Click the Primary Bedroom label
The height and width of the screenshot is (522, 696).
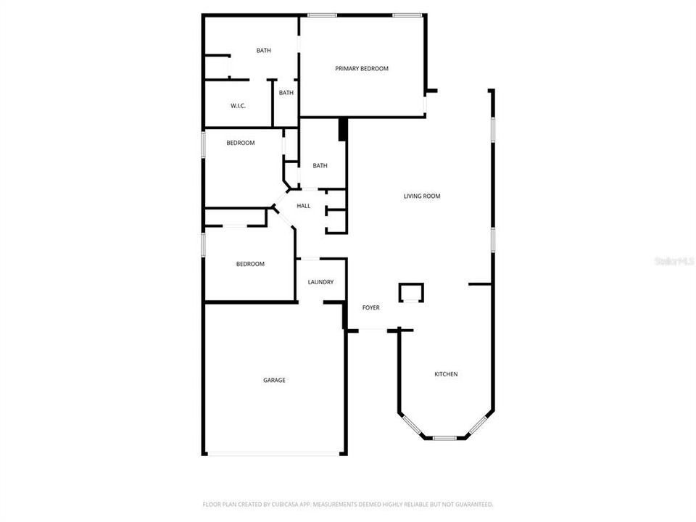tap(361, 69)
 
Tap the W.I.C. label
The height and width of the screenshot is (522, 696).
tap(239, 106)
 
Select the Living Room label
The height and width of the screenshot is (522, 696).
tap(422, 196)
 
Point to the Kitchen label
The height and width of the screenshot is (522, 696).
tap(446, 374)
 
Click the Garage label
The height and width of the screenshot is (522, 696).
tap(274, 380)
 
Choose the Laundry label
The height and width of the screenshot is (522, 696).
tap(320, 282)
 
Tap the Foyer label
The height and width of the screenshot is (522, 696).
tap(371, 308)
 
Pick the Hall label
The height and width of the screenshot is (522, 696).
tap(304, 206)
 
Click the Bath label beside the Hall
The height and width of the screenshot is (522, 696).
tap(320, 166)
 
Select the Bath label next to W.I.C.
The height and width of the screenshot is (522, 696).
tap(286, 93)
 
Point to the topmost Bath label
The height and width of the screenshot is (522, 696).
tap(263, 51)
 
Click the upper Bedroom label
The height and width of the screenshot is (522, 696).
tap(241, 143)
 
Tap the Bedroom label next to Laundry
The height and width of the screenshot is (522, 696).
tap(250, 264)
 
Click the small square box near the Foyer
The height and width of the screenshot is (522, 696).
tap(410, 291)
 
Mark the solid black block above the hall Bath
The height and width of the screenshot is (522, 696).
tap(343, 130)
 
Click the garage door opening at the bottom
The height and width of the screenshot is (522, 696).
tap(274, 454)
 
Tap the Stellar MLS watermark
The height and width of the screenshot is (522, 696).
tap(674, 260)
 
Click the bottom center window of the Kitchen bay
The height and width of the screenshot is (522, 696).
tap(444, 438)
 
